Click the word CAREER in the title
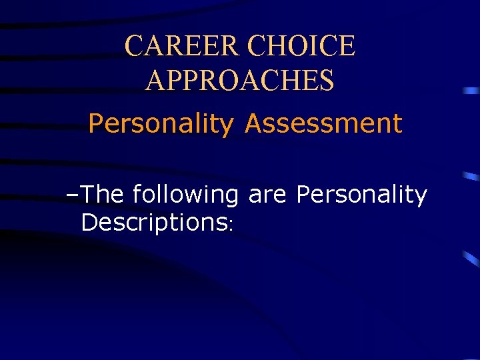coord(182,46)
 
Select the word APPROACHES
coord(240,81)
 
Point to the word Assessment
coord(323,123)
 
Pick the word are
coord(269,195)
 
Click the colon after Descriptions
coord(230,226)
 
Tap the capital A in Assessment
coord(254,123)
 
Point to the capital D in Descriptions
coord(89,222)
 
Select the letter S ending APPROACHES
coord(326,81)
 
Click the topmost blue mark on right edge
coord(472,89)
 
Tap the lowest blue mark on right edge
coord(472,259)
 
